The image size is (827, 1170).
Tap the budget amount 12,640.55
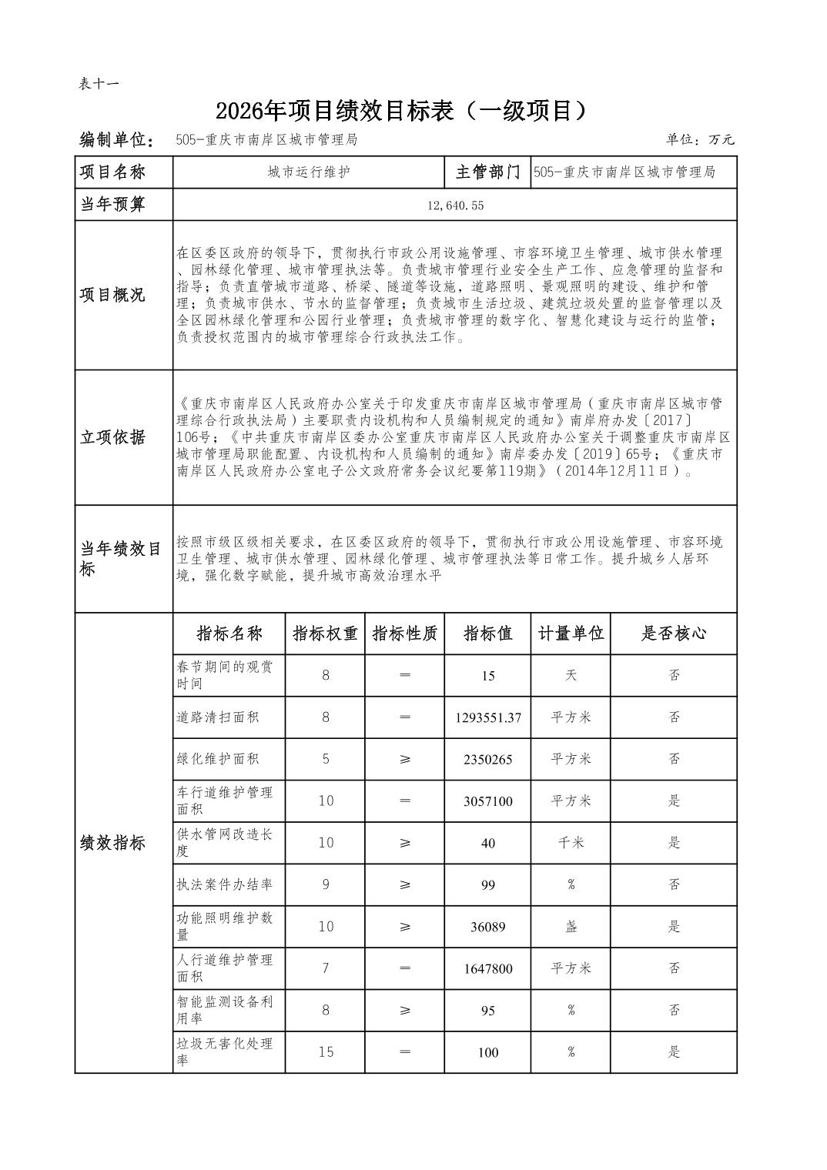[x=454, y=206]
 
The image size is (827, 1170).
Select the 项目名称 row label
[x=112, y=172]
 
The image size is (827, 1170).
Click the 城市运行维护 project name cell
[x=309, y=172]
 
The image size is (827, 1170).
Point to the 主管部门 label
[x=487, y=172]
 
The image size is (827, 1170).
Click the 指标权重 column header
[x=325, y=633]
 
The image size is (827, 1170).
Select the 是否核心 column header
[x=674, y=633]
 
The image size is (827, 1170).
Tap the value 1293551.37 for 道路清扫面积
[x=487, y=717]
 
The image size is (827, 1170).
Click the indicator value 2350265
[x=487, y=759]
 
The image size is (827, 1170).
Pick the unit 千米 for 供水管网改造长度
[x=571, y=843]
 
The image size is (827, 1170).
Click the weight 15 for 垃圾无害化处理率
[x=326, y=1052]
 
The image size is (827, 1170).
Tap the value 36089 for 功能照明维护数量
[x=487, y=927]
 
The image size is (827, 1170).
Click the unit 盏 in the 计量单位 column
[x=571, y=927]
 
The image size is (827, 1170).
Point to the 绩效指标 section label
[x=112, y=844]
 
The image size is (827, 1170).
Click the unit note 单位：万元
[x=700, y=140]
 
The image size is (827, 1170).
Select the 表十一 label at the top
[x=99, y=84]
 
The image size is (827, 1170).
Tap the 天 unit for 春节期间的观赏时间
[x=571, y=675]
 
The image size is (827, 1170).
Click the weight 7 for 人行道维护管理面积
[x=326, y=968]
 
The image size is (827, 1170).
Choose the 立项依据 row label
[x=112, y=437]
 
